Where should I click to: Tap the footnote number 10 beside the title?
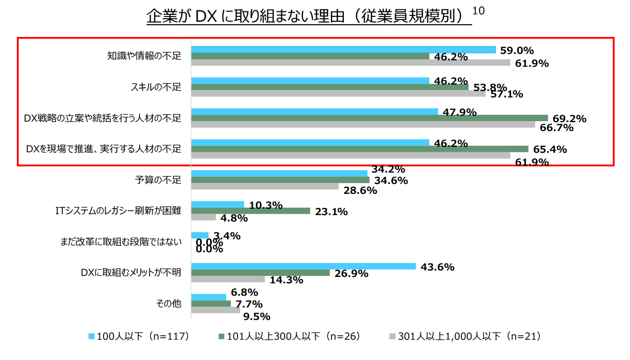tap(479, 10)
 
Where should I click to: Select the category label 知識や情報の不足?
tap(145, 56)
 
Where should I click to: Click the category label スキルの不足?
tap(156, 87)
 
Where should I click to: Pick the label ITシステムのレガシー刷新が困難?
tap(118, 211)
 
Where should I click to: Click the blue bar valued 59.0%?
tap(343, 49)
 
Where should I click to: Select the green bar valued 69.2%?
tap(369, 118)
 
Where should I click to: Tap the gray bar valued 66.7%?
tap(363, 124)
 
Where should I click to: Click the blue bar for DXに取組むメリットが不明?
tap(303, 266)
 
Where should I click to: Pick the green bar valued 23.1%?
tap(250, 211)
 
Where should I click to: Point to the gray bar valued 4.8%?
tap(203, 217)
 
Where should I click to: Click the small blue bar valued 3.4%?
tap(200, 235)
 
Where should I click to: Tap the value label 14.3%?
tap(286, 280)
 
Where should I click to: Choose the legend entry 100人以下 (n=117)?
tap(138, 337)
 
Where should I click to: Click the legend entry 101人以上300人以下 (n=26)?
tap(289, 337)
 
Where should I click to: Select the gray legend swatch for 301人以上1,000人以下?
tap(392, 337)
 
